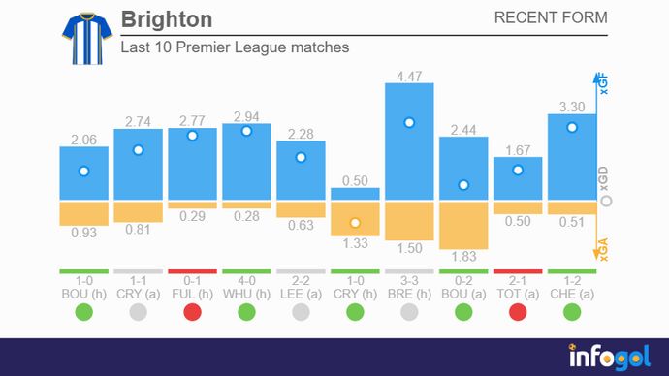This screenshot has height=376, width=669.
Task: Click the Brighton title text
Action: pos(167,19)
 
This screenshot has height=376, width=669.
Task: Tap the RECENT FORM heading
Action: pos(551,17)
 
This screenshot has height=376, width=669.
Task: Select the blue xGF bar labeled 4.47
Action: pos(409,141)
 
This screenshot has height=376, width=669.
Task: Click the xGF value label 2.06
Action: pos(83,140)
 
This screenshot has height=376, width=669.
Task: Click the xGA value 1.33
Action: pos(355,243)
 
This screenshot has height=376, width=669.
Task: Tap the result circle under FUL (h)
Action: pos(192,311)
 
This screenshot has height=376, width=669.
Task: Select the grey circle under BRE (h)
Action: pos(409,311)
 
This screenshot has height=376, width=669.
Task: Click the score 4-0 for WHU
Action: pos(246,279)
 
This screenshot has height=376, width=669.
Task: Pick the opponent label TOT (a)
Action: pos(518,292)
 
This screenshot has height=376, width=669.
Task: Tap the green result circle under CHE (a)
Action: pos(572,311)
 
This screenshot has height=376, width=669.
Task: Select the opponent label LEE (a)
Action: pos(301,292)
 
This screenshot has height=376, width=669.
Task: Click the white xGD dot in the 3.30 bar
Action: pos(572,127)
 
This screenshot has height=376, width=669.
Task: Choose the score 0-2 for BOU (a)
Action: pos(463,279)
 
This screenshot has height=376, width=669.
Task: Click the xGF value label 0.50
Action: pos(355,180)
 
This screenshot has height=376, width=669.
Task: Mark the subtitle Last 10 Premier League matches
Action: pos(235,47)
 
